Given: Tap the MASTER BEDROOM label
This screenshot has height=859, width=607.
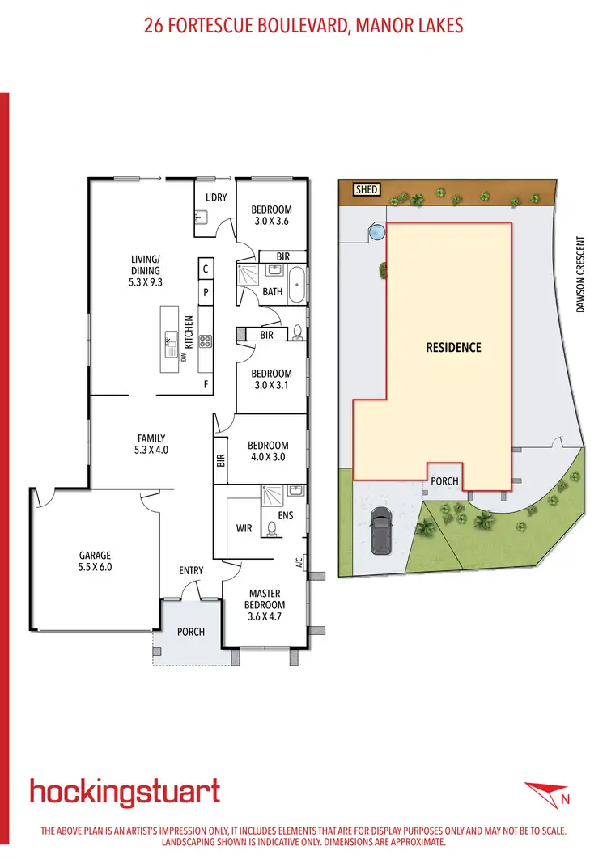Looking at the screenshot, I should pos(265,599).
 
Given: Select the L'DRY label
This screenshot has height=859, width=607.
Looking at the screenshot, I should pos(214,197).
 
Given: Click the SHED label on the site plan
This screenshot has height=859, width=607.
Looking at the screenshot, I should pos(367,189).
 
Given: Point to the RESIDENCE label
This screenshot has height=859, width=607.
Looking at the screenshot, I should pos(453,347).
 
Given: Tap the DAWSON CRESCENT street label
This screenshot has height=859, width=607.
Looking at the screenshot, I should pos(579,275).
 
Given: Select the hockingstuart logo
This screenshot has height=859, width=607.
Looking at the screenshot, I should pos(125,791).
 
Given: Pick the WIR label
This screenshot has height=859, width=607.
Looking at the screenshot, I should pos(243,529).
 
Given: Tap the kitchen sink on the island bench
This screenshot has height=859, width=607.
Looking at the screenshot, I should pos(171,345).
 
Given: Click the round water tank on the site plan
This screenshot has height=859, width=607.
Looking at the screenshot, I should pos(376,232).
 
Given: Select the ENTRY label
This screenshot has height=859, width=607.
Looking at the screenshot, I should pos(191,570).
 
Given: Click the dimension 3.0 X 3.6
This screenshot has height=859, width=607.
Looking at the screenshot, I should pos(271,220).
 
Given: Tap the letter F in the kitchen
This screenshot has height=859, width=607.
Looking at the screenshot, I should pos(206,385).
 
